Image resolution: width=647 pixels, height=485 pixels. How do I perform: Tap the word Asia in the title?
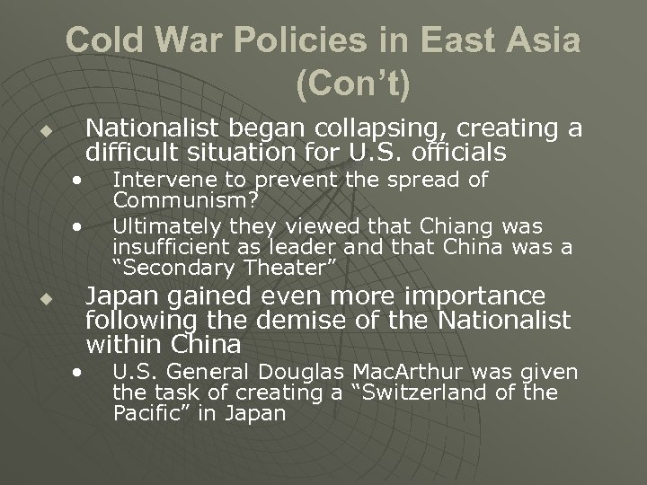(x=538, y=41)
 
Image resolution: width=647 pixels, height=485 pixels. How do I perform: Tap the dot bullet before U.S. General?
(x=81, y=371)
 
